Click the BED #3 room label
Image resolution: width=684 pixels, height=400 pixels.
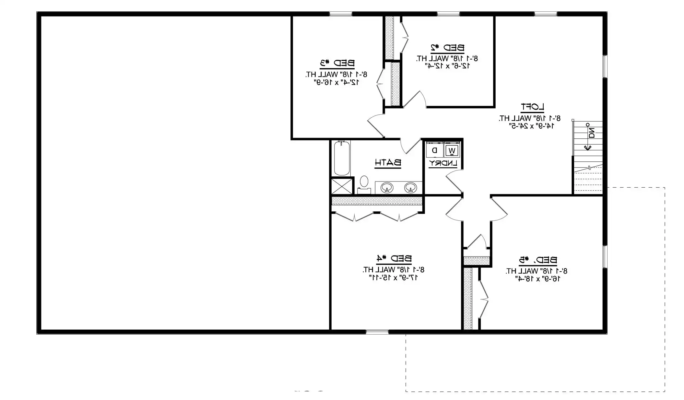pos(337,63)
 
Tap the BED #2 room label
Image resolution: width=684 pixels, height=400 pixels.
pos(447,48)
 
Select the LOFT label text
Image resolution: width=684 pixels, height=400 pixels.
pos(532,107)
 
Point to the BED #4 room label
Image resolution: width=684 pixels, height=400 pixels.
pos(394,259)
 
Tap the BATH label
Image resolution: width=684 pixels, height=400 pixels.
pos(388,163)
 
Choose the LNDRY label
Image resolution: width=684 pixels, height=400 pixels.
pos(443,164)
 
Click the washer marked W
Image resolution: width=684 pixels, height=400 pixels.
pos(452,150)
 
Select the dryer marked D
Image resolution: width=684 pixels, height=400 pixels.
pos(435,150)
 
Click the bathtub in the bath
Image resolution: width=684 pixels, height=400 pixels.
pos(342,158)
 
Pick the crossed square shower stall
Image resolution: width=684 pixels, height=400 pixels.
pos(342,186)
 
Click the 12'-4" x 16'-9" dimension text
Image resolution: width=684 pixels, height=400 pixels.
pos(337,82)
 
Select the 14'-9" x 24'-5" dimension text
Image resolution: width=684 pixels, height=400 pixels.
pos(532,126)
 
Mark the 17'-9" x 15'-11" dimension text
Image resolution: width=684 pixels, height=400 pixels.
pos(394,277)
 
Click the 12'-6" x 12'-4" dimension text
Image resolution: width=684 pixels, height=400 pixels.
pos(447,66)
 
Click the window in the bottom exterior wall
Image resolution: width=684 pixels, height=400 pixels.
pos(377,332)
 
